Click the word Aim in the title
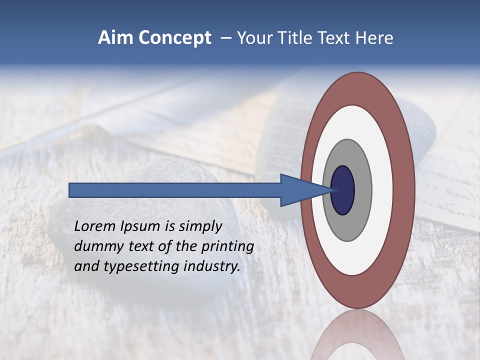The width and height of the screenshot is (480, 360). [116, 38]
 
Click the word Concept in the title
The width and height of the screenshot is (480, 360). [174, 38]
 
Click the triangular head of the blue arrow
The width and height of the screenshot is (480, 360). [300, 190]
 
